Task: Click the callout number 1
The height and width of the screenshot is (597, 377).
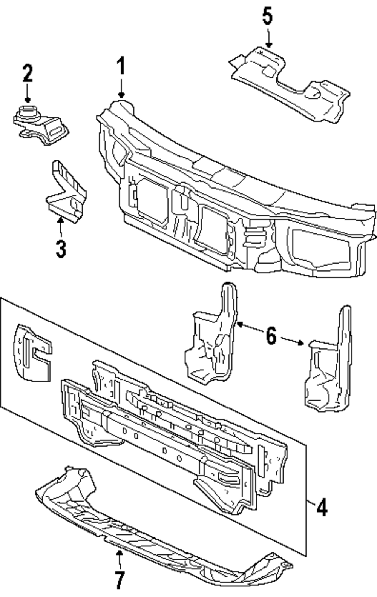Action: pyautogui.click(x=121, y=66)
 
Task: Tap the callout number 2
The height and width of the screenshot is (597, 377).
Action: pyautogui.click(x=28, y=72)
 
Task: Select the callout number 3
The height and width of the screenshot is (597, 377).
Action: pyautogui.click(x=61, y=249)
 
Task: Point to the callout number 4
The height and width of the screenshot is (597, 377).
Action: pyautogui.click(x=322, y=507)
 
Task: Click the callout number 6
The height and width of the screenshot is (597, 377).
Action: pyautogui.click(x=271, y=336)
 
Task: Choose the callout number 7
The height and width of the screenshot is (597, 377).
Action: pyautogui.click(x=120, y=580)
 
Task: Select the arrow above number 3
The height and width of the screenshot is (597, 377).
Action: pyautogui.click(x=61, y=227)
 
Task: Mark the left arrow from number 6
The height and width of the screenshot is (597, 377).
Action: pyautogui.click(x=250, y=328)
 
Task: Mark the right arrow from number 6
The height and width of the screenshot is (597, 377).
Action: pyautogui.click(x=292, y=341)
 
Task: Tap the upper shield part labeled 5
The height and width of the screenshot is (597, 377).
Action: pyautogui.click(x=290, y=85)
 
